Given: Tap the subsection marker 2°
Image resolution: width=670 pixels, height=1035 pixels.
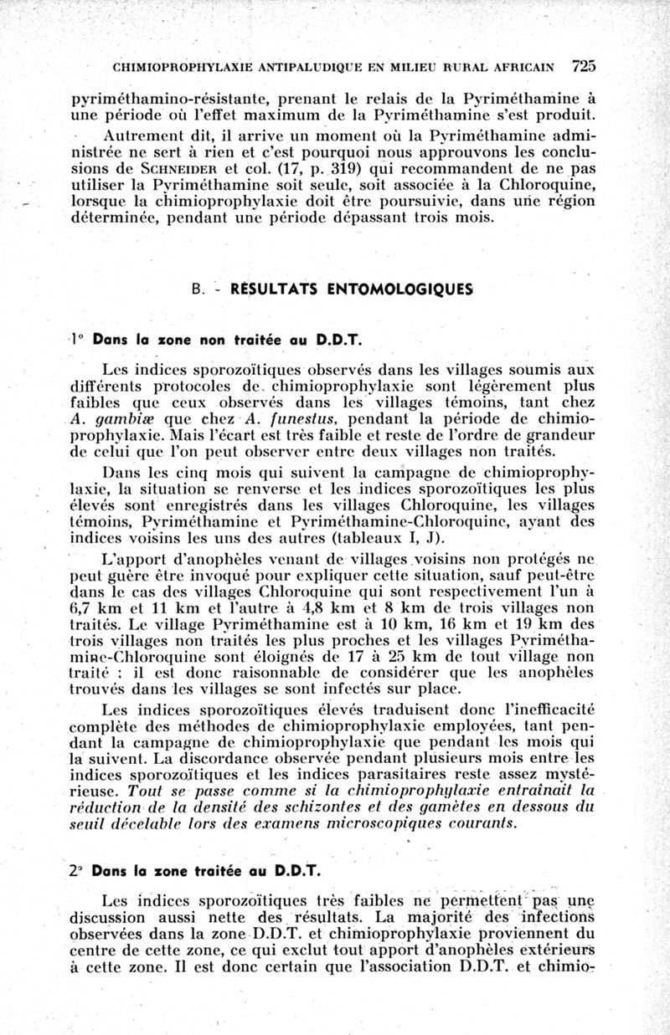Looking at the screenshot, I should pyautogui.click(x=77, y=870).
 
